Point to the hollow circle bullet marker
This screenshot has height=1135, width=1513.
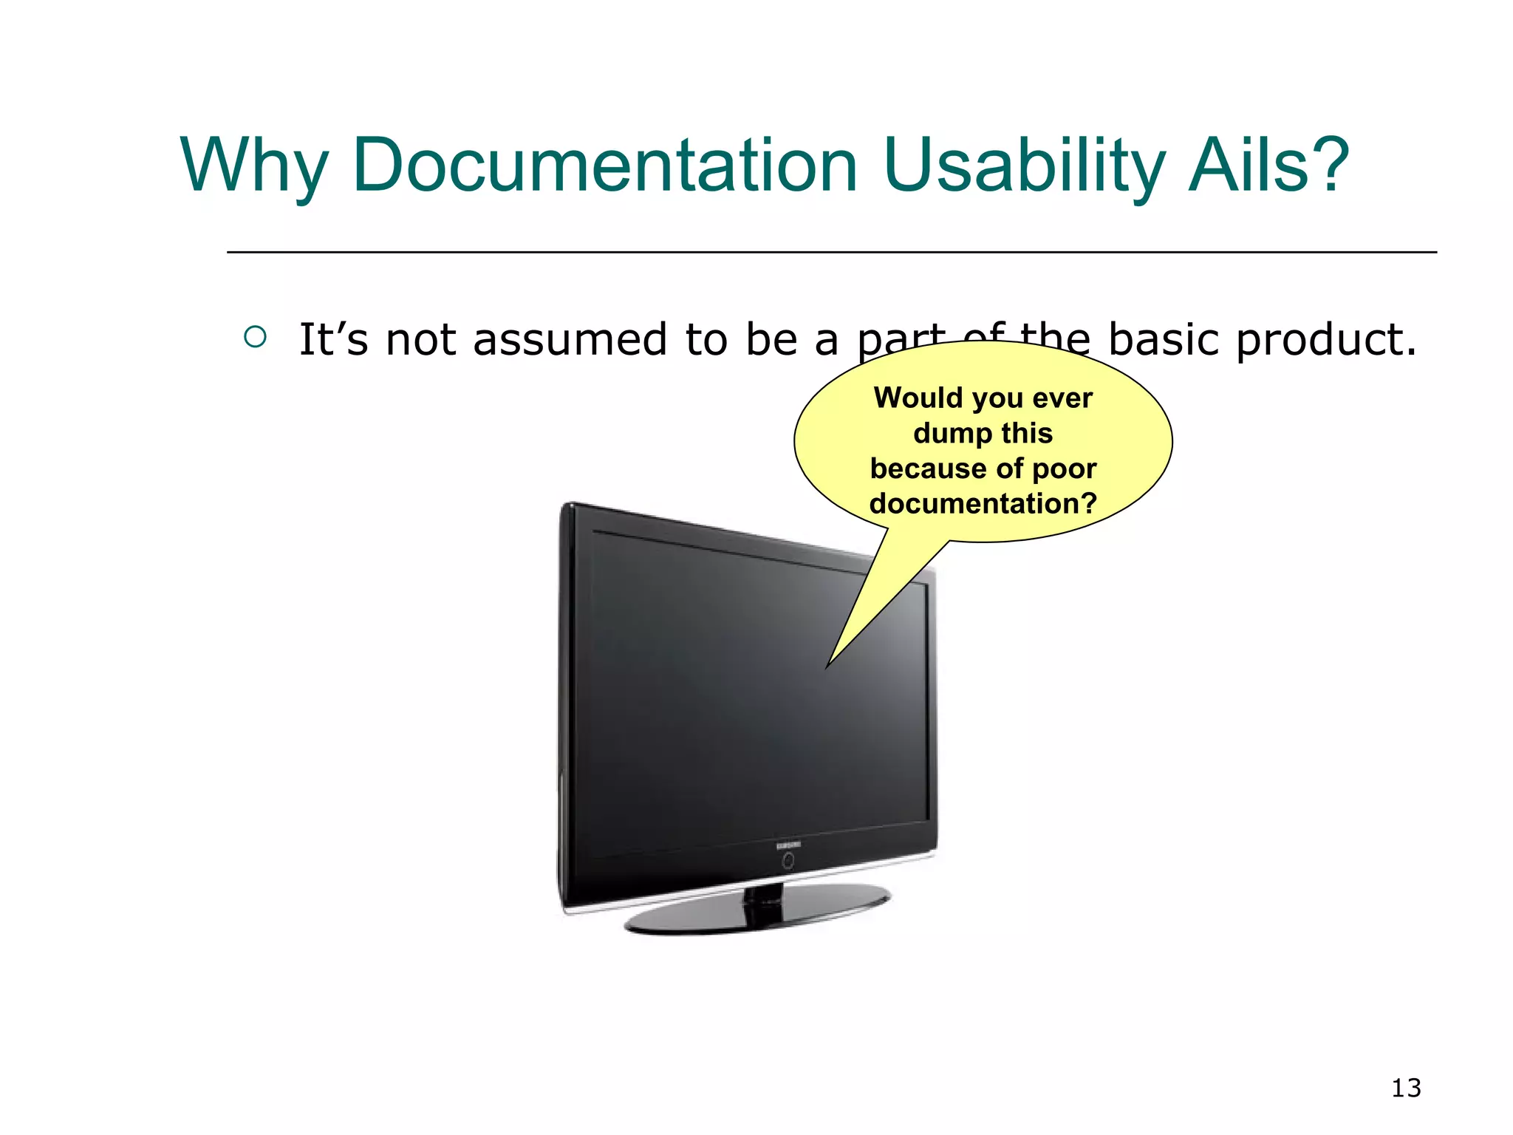(255, 337)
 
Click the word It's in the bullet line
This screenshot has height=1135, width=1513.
(333, 340)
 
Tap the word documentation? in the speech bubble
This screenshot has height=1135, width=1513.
(983, 503)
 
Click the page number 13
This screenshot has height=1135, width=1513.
(1405, 1088)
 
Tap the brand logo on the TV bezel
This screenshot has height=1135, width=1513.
(788, 845)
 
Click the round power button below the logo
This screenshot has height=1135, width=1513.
(788, 861)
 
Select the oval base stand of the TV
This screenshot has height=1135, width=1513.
(757, 913)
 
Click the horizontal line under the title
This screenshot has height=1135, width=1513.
(831, 252)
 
